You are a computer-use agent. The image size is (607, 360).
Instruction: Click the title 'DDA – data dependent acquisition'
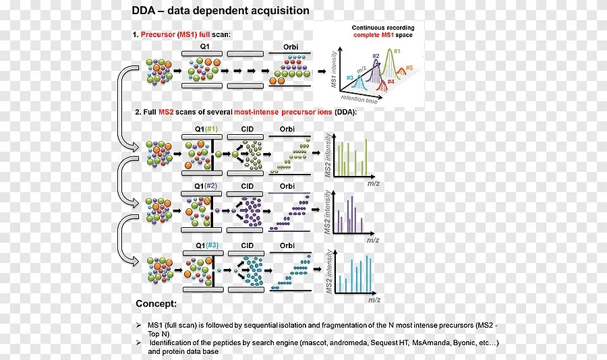tap(220, 11)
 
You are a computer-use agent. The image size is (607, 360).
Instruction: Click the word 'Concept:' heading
tap(156, 303)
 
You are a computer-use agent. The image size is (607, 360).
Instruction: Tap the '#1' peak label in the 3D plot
tap(397, 51)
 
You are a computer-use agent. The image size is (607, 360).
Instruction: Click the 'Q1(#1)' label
tap(204, 127)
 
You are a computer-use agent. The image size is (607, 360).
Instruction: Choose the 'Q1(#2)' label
tap(204, 186)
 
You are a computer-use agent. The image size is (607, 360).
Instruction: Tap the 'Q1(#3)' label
tap(204, 245)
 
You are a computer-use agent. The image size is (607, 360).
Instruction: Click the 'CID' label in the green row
tap(247, 127)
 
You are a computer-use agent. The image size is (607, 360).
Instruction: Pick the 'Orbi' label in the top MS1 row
tap(287, 47)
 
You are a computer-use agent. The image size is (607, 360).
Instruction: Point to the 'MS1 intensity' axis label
tap(334, 73)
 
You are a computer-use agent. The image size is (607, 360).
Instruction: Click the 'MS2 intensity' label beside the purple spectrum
tap(328, 212)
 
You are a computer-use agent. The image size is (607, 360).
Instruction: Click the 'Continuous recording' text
tap(382, 28)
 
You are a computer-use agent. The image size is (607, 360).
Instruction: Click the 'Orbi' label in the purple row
tap(287, 186)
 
